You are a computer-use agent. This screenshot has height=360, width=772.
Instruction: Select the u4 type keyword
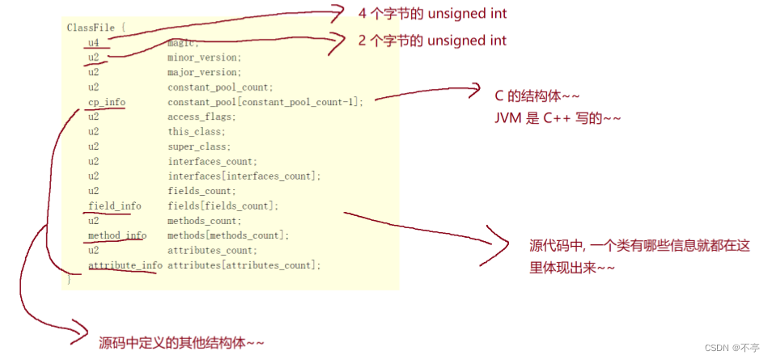point(94,43)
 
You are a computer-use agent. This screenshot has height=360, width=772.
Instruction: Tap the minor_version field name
point(204,57)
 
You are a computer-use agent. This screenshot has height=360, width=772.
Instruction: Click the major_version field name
point(204,72)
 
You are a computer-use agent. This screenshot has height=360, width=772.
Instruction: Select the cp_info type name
point(106,102)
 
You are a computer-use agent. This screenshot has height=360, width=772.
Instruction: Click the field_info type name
point(114,205)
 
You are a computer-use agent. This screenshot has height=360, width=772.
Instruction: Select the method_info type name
point(117,235)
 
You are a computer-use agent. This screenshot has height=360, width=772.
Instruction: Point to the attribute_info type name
point(125,265)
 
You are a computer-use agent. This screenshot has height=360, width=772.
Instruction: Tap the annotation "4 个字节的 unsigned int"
point(432,14)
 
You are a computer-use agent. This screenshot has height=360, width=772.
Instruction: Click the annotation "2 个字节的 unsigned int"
point(432,40)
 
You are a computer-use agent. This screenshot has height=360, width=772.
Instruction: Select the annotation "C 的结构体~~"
point(537,95)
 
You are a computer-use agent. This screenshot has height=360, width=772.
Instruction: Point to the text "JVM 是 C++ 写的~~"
point(558,117)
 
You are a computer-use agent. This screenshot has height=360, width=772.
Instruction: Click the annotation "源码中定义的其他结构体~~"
point(181,342)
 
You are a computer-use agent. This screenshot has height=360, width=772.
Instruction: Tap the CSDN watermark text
point(732,347)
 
